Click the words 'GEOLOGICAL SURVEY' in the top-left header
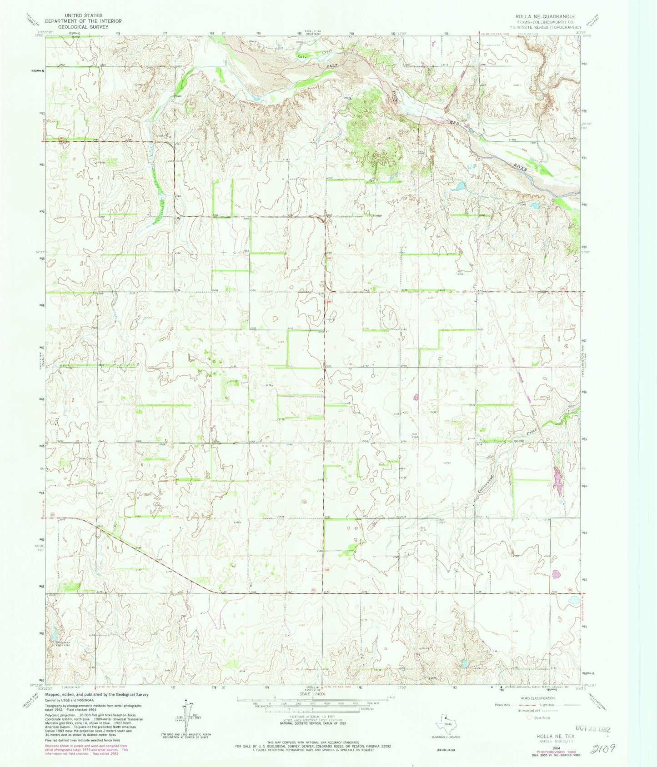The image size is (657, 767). point(86,27)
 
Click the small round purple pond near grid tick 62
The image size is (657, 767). point(556,573)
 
